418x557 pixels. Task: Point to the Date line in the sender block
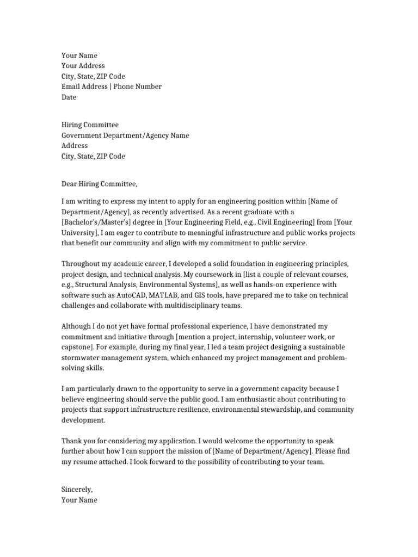[69, 97]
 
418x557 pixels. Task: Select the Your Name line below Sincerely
[79, 500]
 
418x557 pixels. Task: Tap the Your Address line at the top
[83, 66]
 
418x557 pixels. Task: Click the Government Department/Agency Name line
[125, 135]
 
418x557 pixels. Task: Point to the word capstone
[77, 348]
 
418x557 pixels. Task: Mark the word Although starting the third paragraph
[77, 326]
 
